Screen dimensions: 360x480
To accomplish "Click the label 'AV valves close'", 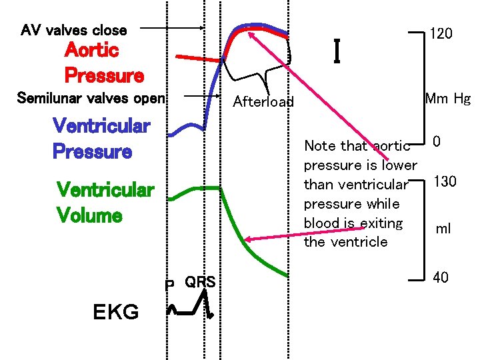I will click(x=73, y=30).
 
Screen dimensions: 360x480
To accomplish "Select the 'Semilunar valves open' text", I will click(x=91, y=99).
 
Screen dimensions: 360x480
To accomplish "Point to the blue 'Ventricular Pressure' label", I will click(x=101, y=138).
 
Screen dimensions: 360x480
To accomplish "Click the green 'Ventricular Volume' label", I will click(x=105, y=203).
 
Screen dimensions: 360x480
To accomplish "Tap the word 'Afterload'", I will click(x=263, y=102).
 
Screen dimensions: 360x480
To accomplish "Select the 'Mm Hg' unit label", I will click(x=447, y=99).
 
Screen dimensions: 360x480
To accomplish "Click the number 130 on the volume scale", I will click(x=445, y=181).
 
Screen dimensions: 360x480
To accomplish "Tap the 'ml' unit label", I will click(x=443, y=229).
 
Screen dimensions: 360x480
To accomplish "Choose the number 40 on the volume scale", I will click(x=441, y=277).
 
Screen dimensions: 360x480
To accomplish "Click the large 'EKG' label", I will click(x=116, y=311).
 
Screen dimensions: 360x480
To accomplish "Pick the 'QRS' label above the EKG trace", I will click(x=200, y=282).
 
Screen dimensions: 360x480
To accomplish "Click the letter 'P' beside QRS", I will click(x=170, y=285).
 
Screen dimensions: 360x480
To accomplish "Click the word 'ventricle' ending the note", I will click(x=364, y=242).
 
